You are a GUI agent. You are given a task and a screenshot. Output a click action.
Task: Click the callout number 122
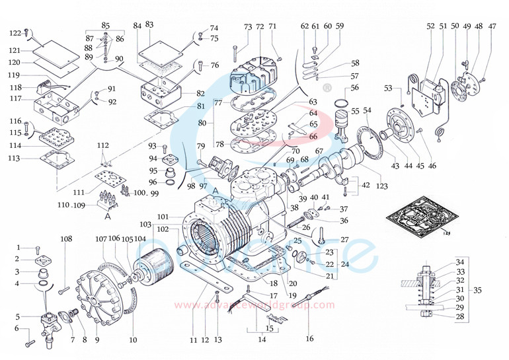(15, 33)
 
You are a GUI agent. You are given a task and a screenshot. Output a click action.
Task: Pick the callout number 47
(492, 26)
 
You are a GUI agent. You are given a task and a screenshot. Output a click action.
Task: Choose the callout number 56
(355, 88)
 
